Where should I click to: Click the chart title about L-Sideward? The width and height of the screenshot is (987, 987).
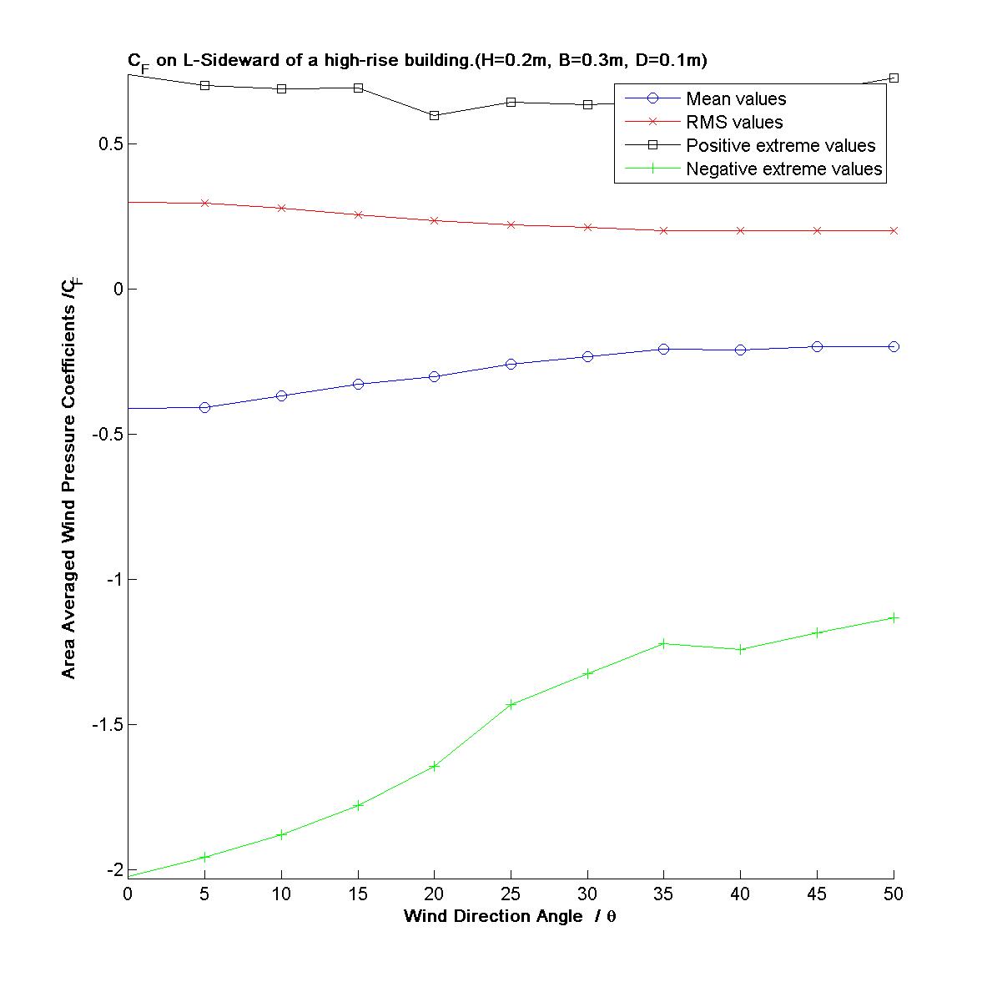click(x=417, y=61)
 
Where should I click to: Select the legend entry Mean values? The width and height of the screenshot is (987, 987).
click(x=736, y=99)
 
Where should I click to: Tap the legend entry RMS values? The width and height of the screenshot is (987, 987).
click(x=734, y=123)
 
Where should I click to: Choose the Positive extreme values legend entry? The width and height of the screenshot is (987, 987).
click(x=780, y=146)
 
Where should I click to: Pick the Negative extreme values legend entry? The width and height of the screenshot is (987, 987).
click(x=783, y=169)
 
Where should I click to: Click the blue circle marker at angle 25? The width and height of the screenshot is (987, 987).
click(x=511, y=364)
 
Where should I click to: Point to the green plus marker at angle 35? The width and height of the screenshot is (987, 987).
click(x=663, y=643)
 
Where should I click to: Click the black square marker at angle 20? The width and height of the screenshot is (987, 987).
click(x=434, y=115)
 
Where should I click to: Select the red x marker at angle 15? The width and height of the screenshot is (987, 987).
click(x=358, y=214)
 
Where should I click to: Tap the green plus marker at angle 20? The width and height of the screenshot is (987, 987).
click(x=434, y=766)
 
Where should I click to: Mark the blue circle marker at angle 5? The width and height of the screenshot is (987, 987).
click(x=204, y=407)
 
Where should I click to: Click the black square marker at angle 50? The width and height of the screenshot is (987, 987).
click(x=894, y=78)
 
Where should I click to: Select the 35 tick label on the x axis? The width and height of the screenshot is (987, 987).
click(x=663, y=894)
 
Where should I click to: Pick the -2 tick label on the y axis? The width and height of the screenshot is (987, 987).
click(x=114, y=869)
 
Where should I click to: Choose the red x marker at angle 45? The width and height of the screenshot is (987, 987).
click(x=817, y=230)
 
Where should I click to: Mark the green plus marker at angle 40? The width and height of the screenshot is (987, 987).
click(x=740, y=649)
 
